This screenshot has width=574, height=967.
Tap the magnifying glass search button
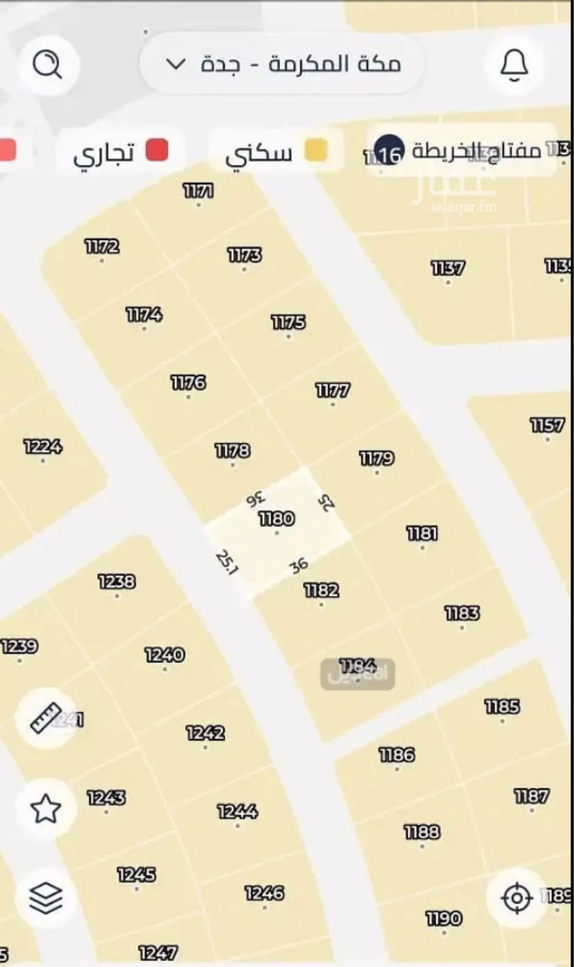click(x=47, y=64)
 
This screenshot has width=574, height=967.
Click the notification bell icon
click(x=514, y=64)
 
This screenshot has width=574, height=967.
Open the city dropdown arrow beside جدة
click(x=176, y=64)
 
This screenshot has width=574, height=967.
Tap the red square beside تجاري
click(x=157, y=150)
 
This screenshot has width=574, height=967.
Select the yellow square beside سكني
click(x=316, y=150)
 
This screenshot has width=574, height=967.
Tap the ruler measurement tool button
click(x=46, y=718)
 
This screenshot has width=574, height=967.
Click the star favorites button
click(x=46, y=809)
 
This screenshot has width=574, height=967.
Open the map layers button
click(x=46, y=898)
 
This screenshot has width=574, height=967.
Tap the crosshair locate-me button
click(x=516, y=898)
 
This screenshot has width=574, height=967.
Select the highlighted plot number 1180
click(x=277, y=519)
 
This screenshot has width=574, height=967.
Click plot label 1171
click(x=198, y=191)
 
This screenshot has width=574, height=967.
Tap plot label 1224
click(x=43, y=447)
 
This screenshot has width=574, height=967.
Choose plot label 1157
click(x=547, y=426)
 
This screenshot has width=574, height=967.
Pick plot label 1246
click(x=265, y=893)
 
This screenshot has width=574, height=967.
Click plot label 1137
click(x=448, y=268)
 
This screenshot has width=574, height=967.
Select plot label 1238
click(x=117, y=582)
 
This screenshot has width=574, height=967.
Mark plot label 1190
click(x=444, y=919)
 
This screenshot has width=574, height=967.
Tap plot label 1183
click(x=462, y=614)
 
